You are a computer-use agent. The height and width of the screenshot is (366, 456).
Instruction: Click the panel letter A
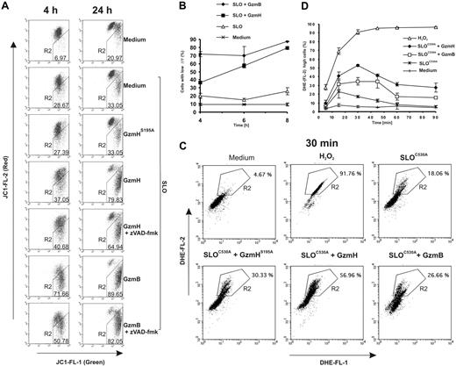click(7, 7)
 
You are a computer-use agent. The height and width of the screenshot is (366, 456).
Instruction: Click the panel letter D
click(306, 8)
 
